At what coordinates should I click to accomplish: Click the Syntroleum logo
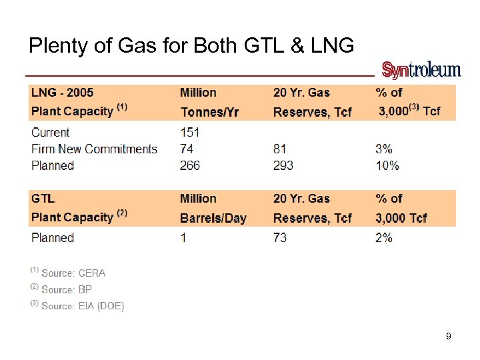point(421,70)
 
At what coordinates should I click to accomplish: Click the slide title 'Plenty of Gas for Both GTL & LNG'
point(191,45)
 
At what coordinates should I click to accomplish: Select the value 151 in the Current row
point(190,132)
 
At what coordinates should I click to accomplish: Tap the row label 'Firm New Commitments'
point(94,149)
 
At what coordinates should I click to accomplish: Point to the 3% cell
point(384,149)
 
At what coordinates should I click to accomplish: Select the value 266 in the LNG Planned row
point(190,165)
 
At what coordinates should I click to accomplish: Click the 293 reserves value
point(283,165)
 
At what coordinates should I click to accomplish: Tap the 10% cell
point(387,165)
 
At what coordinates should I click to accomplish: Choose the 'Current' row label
point(51,132)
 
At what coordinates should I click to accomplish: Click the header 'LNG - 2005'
point(63,93)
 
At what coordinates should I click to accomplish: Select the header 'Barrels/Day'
point(213,217)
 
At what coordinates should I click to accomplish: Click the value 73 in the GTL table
point(280,237)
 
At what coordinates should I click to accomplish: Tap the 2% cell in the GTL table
point(384,237)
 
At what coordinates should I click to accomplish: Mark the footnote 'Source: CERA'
point(73,273)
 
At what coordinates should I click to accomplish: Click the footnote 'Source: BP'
point(66,289)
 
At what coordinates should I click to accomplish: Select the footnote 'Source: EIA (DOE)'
point(82,306)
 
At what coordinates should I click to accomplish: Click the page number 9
point(449,337)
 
